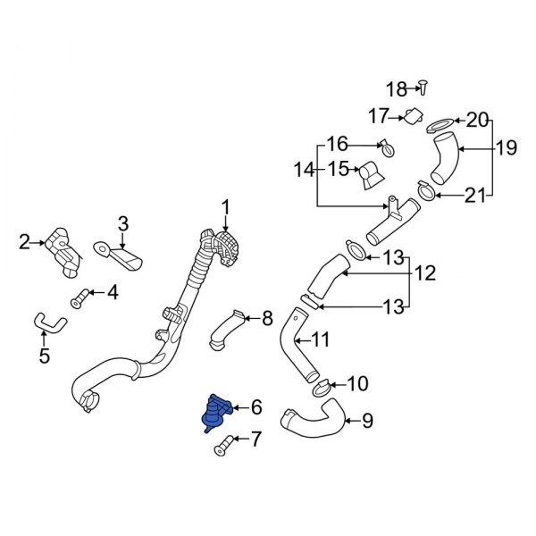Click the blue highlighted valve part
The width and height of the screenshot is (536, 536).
(217, 413)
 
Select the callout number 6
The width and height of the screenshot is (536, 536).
(257, 407)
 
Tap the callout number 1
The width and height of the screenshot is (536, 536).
(226, 208)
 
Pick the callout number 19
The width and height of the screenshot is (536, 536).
(507, 149)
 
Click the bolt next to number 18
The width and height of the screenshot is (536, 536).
(425, 88)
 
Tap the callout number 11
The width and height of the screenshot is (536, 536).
(321, 339)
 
